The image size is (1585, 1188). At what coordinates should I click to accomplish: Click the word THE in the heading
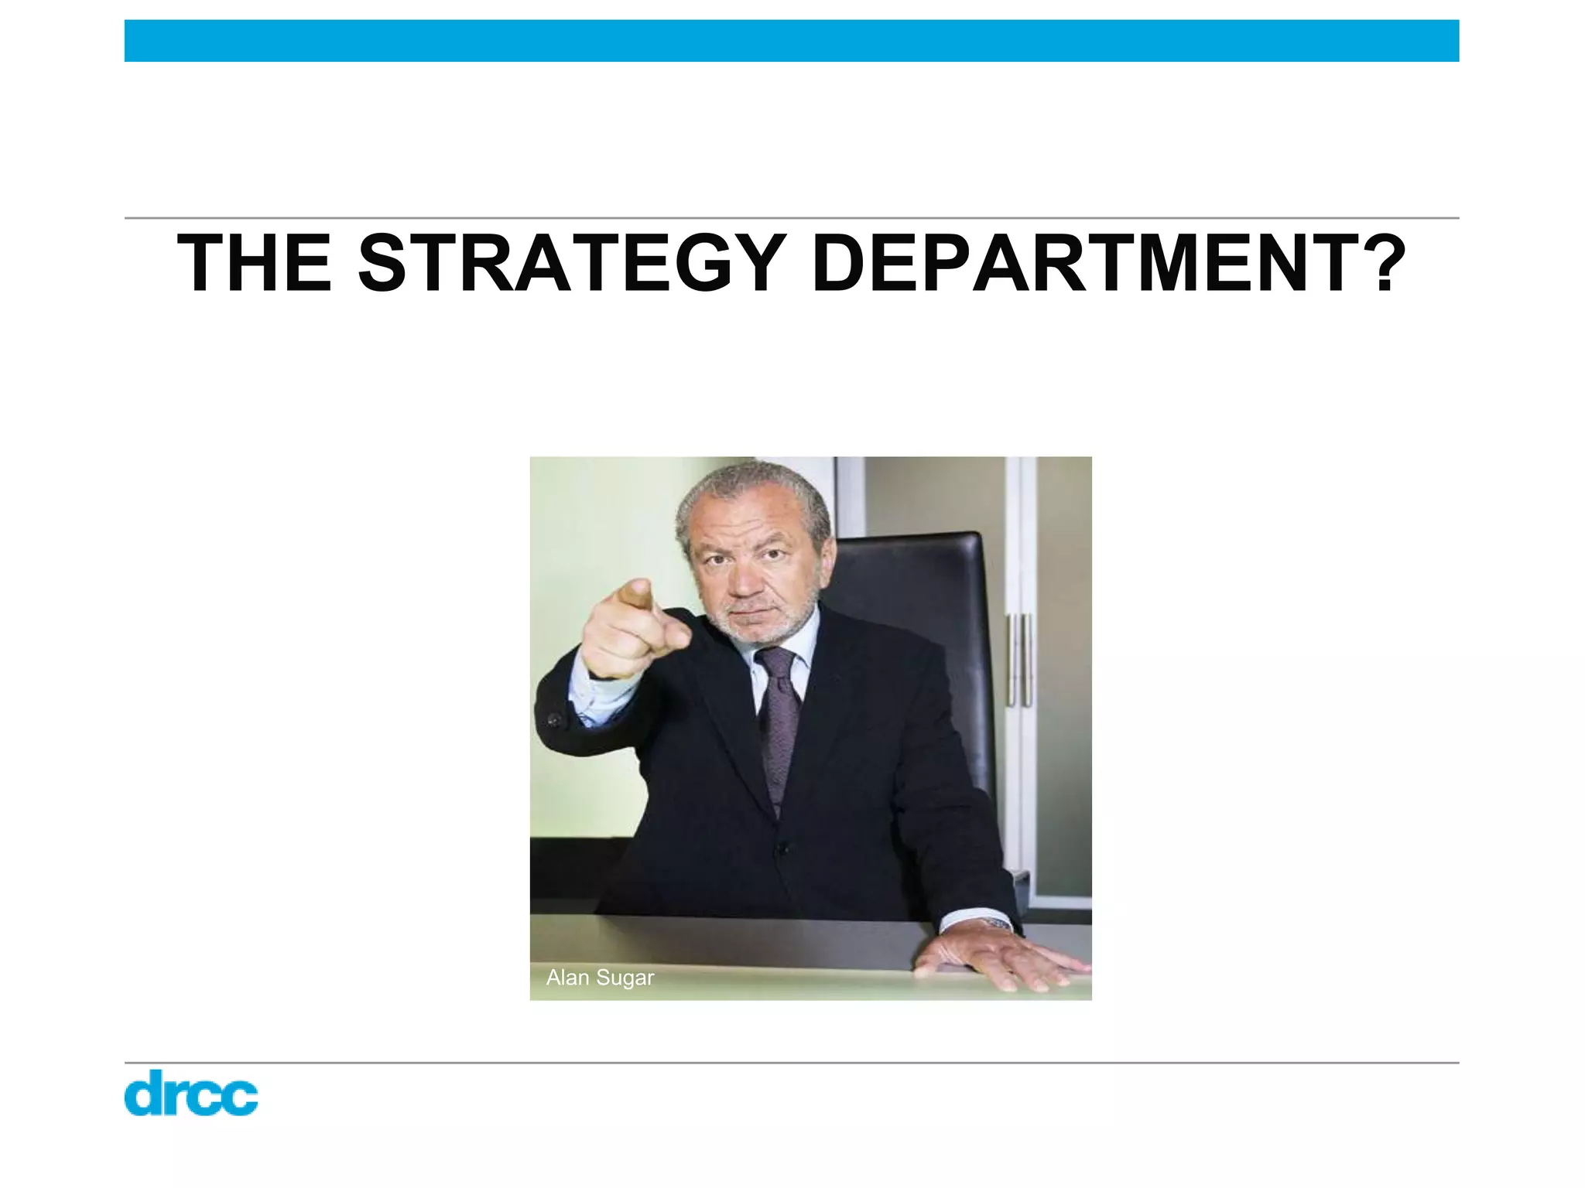(255, 264)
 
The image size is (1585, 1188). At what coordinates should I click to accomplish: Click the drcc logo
(190, 1092)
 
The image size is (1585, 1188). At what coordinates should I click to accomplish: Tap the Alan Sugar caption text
(600, 978)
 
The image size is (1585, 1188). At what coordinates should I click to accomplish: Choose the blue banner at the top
(792, 41)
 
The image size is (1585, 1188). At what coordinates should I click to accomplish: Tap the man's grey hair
(751, 487)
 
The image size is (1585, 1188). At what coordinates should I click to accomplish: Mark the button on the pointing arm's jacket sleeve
(553, 720)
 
